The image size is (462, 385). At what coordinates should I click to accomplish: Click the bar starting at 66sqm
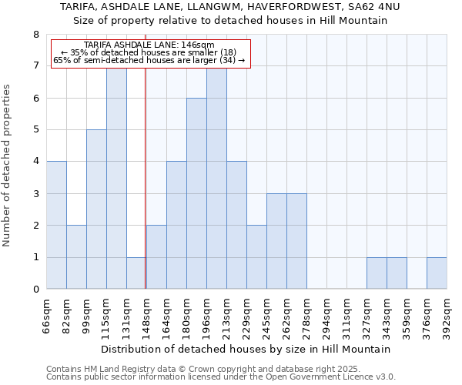pos(56,225)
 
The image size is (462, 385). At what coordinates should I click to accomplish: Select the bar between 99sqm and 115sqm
pos(96,209)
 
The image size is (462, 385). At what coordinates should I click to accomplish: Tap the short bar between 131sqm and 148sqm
pos(136,273)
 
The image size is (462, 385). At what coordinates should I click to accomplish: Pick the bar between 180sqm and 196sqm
pos(196,193)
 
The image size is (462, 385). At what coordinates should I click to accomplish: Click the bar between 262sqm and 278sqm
pos(296,241)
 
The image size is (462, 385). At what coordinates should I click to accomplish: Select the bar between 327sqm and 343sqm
pos(377,273)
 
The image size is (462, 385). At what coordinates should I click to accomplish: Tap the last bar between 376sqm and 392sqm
pos(437,273)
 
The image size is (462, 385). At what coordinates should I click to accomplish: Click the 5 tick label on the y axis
pos(35,130)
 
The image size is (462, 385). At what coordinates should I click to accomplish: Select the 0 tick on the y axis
pos(35,290)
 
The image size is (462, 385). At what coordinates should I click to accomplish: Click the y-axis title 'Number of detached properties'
pos(8,166)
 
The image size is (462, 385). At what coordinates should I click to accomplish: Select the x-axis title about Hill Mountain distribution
pos(246,349)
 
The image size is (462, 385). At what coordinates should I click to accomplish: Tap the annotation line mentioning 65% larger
pos(149,60)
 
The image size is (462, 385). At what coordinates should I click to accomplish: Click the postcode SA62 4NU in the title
pos(378,6)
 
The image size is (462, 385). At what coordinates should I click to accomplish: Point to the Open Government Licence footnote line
pos(221,377)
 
